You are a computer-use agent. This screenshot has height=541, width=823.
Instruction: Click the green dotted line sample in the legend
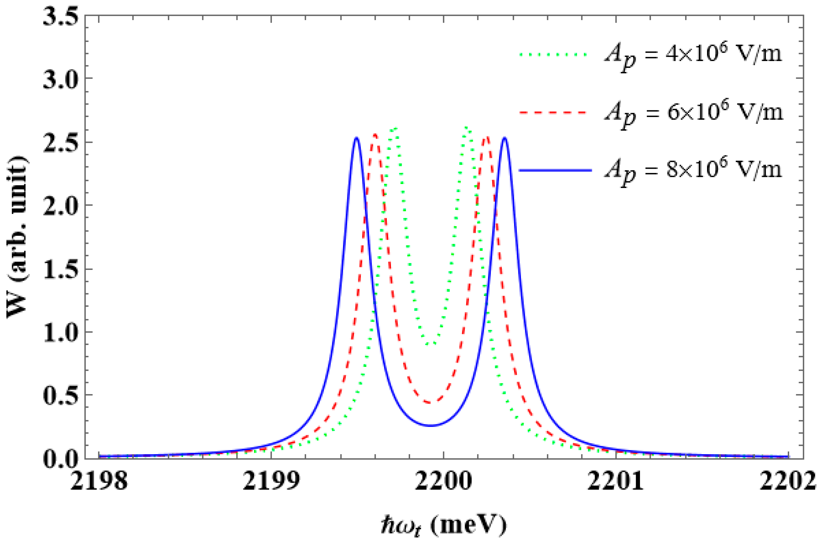point(553,54)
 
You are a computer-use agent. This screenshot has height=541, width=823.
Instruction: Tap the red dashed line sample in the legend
point(553,113)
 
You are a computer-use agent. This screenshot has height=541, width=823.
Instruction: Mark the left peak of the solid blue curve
point(357,138)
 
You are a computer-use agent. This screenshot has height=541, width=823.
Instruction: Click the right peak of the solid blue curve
point(505,138)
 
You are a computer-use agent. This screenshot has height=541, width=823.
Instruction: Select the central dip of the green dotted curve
point(431,344)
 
